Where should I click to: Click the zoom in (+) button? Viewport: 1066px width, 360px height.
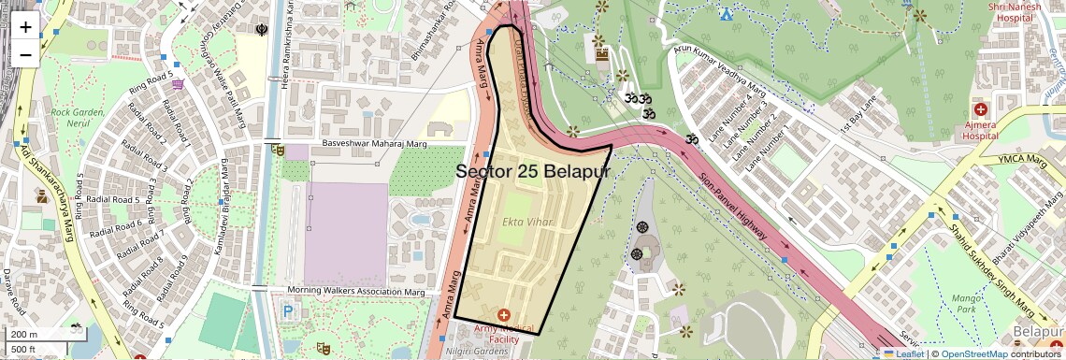[x=25, y=26]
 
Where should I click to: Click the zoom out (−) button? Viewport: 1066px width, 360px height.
[x=25, y=54]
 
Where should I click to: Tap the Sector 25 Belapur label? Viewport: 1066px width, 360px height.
[x=532, y=171]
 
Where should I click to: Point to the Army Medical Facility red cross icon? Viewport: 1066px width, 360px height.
[x=504, y=315]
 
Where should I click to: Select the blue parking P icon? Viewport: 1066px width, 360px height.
[x=288, y=312]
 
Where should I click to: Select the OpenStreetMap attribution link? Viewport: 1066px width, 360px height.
[x=974, y=353]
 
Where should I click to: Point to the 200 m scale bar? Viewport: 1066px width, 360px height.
[x=24, y=334]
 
